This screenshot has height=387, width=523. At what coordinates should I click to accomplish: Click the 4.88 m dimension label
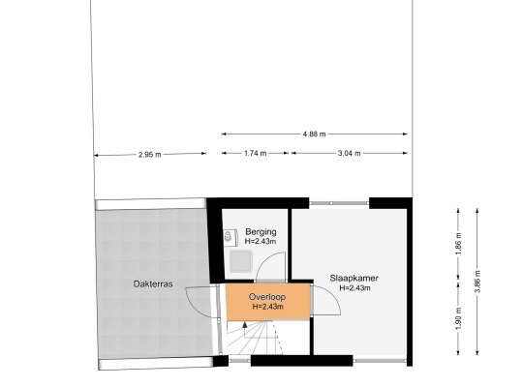pyautogui.click(x=314, y=134)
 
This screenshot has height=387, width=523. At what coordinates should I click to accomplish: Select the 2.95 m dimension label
pyautogui.click(x=150, y=155)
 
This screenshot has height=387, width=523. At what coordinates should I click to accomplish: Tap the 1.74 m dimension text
pyautogui.click(x=255, y=153)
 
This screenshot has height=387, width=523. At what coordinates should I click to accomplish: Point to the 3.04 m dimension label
pyautogui.click(x=349, y=153)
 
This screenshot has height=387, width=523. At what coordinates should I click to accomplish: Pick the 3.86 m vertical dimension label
pyautogui.click(x=477, y=281)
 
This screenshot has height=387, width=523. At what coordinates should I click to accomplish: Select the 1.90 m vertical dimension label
pyautogui.click(x=459, y=318)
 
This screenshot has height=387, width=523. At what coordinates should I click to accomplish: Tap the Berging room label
pyautogui.click(x=261, y=231)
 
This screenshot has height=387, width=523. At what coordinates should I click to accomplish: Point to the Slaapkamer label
pyautogui.click(x=354, y=278)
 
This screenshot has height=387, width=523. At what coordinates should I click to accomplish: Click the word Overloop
pyautogui.click(x=267, y=297)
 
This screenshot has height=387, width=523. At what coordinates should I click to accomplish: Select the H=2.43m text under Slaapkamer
pyautogui.click(x=354, y=288)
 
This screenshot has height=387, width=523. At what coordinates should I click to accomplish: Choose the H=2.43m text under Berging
pyautogui.click(x=261, y=241)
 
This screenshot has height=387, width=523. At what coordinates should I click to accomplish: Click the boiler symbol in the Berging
pyautogui.click(x=231, y=237)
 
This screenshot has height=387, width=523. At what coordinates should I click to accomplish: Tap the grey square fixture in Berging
pyautogui.click(x=241, y=261)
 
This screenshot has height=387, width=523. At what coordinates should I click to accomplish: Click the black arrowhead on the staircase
pyautogui.click(x=245, y=325)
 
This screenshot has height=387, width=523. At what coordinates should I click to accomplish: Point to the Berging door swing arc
pyautogui.click(x=263, y=260)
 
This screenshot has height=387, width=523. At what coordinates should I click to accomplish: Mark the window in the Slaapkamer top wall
pyautogui.click(x=339, y=203)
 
